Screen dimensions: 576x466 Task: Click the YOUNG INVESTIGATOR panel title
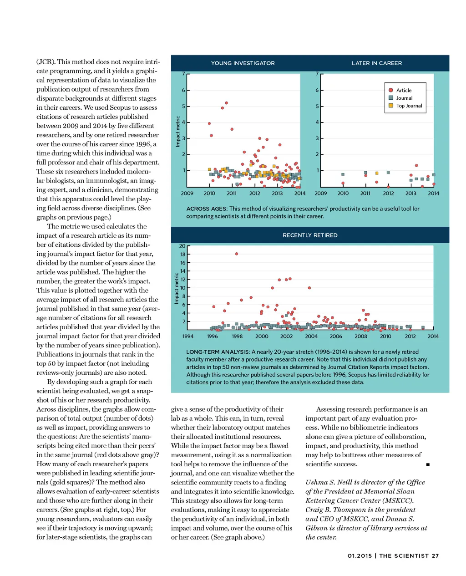[243, 63]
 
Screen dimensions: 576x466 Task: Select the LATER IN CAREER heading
[377, 63]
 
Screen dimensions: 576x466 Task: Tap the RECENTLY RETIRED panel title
[310, 235]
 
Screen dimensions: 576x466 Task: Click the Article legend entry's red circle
[391, 90]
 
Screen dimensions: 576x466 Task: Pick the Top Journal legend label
[409, 106]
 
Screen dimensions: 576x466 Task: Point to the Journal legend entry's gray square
[391, 98]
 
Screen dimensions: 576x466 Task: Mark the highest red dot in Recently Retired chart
[236, 254]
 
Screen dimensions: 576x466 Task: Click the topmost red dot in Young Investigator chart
[226, 103]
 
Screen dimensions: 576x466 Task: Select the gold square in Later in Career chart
[377, 173]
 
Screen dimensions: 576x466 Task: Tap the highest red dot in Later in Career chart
[416, 165]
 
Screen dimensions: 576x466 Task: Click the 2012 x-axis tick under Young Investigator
[254, 193]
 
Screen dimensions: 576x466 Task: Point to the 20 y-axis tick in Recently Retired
[182, 246]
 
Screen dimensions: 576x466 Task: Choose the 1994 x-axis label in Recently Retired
[188, 336]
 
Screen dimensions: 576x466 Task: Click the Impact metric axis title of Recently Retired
[177, 288]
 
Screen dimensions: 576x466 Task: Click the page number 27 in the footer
[436, 556]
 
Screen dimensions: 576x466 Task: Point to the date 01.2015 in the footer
[360, 556]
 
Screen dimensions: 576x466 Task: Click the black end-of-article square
[428, 464]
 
